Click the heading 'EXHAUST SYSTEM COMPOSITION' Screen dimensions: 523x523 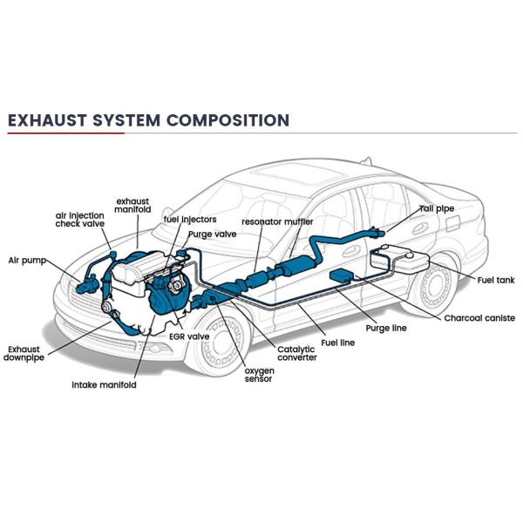pos(147,119)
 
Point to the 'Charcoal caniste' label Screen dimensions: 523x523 pos(479,318)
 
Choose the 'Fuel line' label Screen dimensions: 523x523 pos(337,343)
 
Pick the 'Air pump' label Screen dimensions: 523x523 pos(27,260)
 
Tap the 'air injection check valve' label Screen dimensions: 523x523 pos(80,219)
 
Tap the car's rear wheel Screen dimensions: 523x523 pos(433,289)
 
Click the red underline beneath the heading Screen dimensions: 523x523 pos(65,133)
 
